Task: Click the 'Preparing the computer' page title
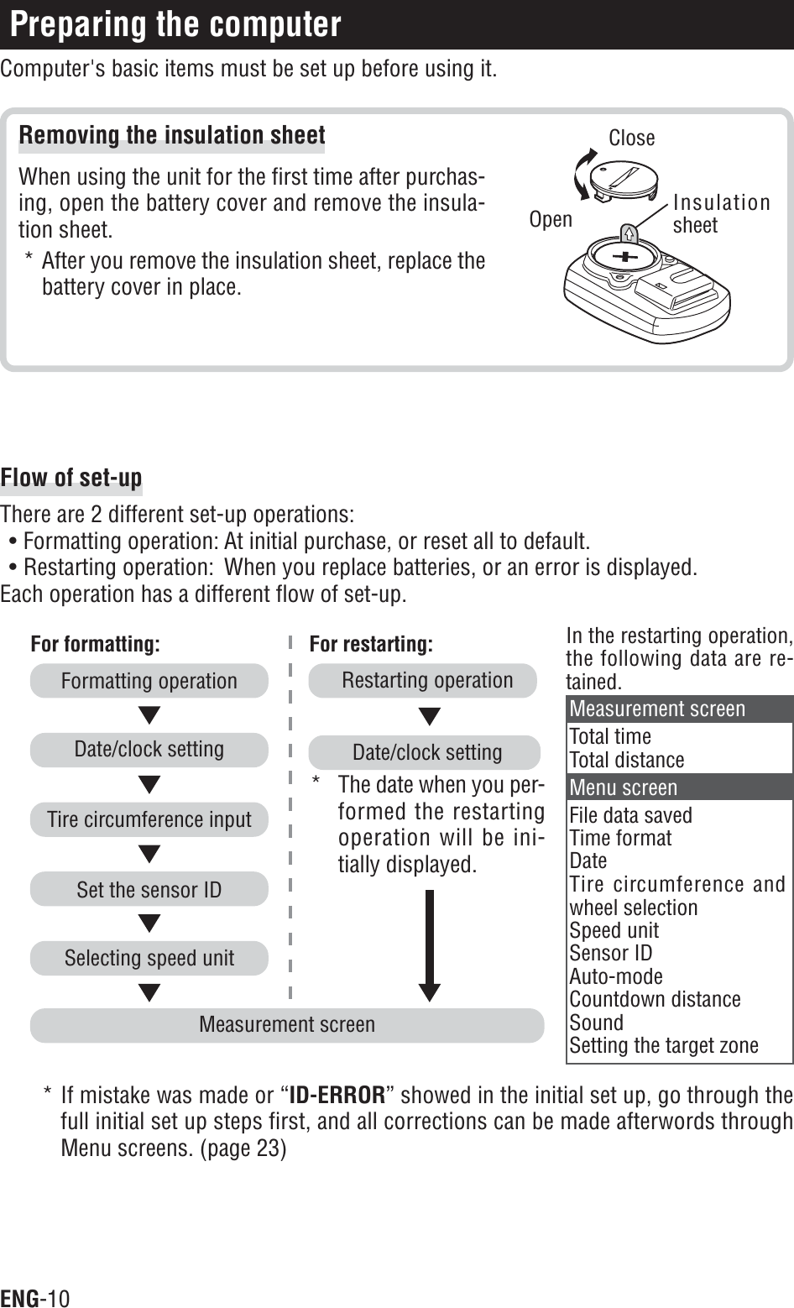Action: tap(176, 25)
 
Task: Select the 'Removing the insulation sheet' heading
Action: tap(172, 135)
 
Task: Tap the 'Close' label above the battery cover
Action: tap(631, 138)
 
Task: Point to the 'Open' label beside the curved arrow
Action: tap(551, 219)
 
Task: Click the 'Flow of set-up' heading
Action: tap(71, 479)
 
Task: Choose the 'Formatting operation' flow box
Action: tap(149, 681)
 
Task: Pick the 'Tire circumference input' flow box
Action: tap(149, 819)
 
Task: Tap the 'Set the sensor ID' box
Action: tap(149, 889)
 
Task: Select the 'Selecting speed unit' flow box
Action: tap(149, 958)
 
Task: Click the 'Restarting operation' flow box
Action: tap(426, 680)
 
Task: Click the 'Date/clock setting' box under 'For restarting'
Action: tap(426, 752)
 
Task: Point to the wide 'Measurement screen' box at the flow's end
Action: tap(287, 1025)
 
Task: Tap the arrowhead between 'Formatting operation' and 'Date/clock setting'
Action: tap(149, 716)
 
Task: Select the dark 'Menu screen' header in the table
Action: tap(680, 787)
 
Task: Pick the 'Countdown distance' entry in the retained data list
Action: tap(655, 999)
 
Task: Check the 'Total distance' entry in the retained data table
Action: tap(627, 760)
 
